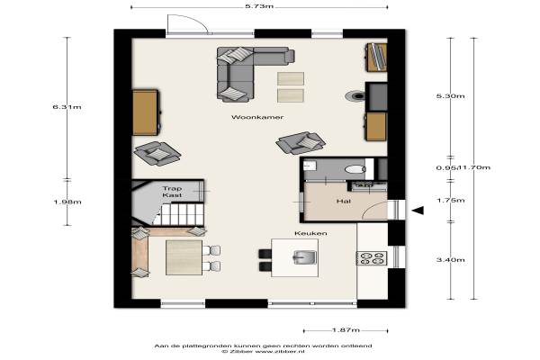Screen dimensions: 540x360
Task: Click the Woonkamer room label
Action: click(x=257, y=117)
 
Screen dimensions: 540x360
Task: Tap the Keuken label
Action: click(x=310, y=233)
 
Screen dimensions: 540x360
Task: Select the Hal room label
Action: click(x=344, y=201)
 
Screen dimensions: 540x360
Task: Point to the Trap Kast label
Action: click(x=172, y=192)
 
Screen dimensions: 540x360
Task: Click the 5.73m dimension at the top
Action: click(x=259, y=6)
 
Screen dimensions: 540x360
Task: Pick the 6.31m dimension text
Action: click(x=67, y=107)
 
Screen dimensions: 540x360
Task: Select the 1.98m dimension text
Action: click(x=67, y=202)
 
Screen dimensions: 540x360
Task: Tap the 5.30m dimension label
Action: click(x=451, y=96)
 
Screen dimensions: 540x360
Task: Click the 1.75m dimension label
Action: click(x=451, y=200)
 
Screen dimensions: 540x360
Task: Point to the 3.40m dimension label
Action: click(x=451, y=260)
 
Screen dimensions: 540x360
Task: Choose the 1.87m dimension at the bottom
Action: click(x=346, y=330)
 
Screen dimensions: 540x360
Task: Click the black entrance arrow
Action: click(x=418, y=210)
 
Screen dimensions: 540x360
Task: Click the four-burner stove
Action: click(x=372, y=258)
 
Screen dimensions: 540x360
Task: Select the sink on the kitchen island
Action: click(x=304, y=257)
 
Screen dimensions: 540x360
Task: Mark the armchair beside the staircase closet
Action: click(x=157, y=154)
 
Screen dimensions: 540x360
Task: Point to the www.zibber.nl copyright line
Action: click(x=263, y=352)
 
